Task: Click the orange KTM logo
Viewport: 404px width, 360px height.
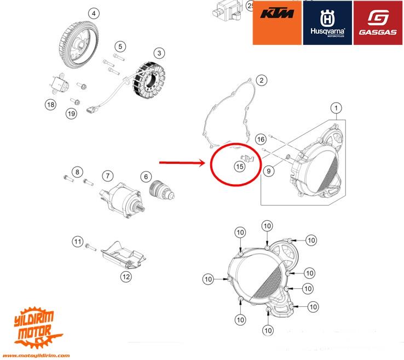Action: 278,22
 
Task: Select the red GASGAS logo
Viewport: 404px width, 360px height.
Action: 378,22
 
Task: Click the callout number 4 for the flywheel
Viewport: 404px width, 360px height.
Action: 94,13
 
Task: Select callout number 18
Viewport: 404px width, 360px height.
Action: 50,104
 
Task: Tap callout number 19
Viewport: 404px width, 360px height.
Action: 71,113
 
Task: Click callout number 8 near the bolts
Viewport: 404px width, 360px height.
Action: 77,173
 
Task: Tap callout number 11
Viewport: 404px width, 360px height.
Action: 77,241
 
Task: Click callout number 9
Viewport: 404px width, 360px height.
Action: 268,172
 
